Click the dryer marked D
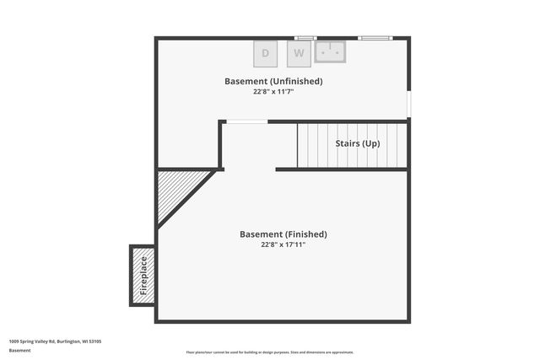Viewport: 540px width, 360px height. point(266,54)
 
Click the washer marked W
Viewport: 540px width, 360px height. point(299,54)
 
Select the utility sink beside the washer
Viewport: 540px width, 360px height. point(330,51)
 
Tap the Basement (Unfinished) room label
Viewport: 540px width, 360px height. point(273,82)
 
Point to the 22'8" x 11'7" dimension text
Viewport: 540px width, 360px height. point(273,92)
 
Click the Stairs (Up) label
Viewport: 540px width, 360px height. point(358,143)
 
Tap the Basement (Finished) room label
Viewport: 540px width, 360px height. point(283,234)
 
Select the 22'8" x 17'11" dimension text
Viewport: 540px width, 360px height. point(283,244)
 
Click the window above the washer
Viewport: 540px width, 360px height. point(305,38)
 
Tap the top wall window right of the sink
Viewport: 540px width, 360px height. point(375,38)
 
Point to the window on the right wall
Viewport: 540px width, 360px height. point(409,104)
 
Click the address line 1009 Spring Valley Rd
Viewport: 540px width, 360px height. point(56,341)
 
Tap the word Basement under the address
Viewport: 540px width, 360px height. point(19,349)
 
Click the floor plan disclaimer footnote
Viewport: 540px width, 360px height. point(270,352)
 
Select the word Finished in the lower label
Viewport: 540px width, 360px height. point(306,234)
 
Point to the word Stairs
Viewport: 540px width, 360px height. point(347,143)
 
